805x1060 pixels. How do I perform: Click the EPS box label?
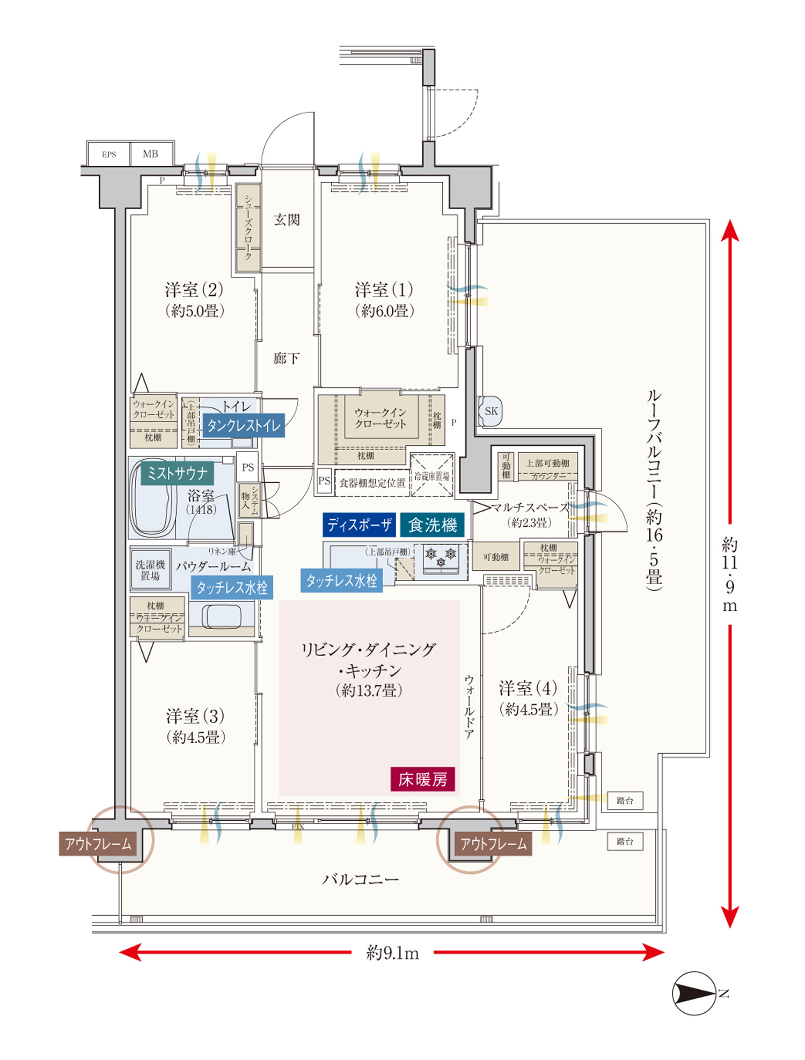pyautogui.click(x=109, y=154)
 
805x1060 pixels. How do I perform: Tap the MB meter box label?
pyautogui.click(x=150, y=154)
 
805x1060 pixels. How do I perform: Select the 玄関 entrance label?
pyautogui.click(x=287, y=219)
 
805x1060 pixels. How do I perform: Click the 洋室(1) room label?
pyautogui.click(x=384, y=290)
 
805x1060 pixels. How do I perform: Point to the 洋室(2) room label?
pyautogui.click(x=194, y=290)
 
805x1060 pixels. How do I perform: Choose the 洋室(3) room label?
pyautogui.click(x=195, y=716)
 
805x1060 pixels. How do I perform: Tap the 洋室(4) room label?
pyautogui.click(x=528, y=688)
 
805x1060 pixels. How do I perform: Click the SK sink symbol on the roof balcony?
pyautogui.click(x=491, y=411)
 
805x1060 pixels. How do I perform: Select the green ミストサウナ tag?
pyautogui.click(x=177, y=473)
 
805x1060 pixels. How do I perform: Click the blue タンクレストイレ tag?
pyautogui.click(x=244, y=426)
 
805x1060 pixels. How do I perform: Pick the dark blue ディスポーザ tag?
pyautogui.click(x=360, y=525)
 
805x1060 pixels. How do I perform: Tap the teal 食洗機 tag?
pyautogui.click(x=433, y=525)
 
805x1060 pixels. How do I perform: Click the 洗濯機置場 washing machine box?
pyautogui.click(x=150, y=570)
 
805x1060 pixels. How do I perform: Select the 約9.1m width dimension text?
pyautogui.click(x=392, y=953)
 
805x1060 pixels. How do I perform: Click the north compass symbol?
pyautogui.click(x=694, y=993)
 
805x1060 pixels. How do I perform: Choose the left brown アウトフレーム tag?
pyautogui.click(x=98, y=844)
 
